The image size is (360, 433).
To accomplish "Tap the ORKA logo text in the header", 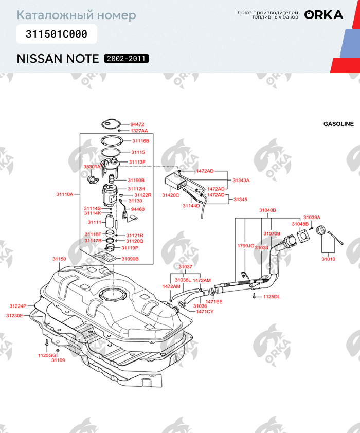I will coord(323,15).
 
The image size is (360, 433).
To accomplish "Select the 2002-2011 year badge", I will coord(127,59).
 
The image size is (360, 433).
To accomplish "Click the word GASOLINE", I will coord(338,124).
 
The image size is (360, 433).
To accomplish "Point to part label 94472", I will coord(137,124).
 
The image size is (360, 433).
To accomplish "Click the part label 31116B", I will coord(140,140).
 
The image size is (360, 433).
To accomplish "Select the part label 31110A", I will coord(65,195).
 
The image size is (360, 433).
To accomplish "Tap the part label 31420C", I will coord(171,195).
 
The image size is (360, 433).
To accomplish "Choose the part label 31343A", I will coord(241,181).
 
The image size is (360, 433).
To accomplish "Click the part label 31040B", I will coord(267,210).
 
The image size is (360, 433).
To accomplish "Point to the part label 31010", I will coord(328,259).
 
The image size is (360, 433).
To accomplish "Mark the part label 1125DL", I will coord(272,297).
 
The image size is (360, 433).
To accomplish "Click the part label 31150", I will coord(59,259).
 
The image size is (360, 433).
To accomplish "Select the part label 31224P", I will coord(18,306).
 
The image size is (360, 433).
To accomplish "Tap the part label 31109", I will coord(58,360).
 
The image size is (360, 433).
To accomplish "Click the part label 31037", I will coord(186,267).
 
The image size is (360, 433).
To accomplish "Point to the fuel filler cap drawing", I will coord(322,231).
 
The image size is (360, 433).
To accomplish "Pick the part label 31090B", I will coord(130,259).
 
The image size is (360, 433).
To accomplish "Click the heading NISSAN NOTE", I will coord(58,58).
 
